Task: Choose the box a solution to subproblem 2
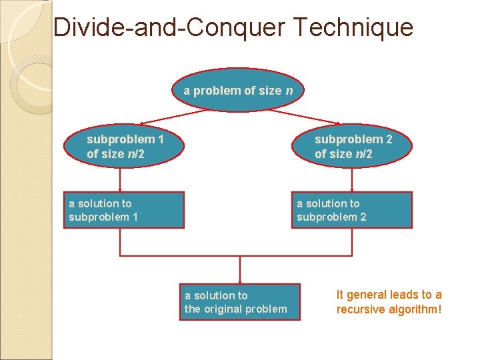pyautogui.click(x=352, y=210)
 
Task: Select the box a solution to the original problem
pyautogui.click(x=239, y=302)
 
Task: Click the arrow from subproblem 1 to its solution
pyautogui.click(x=120, y=179)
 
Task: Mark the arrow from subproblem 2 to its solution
pyautogui.click(x=352, y=179)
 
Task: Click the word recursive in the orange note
pyautogui.click(x=361, y=309)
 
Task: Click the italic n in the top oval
pyautogui.click(x=289, y=91)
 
